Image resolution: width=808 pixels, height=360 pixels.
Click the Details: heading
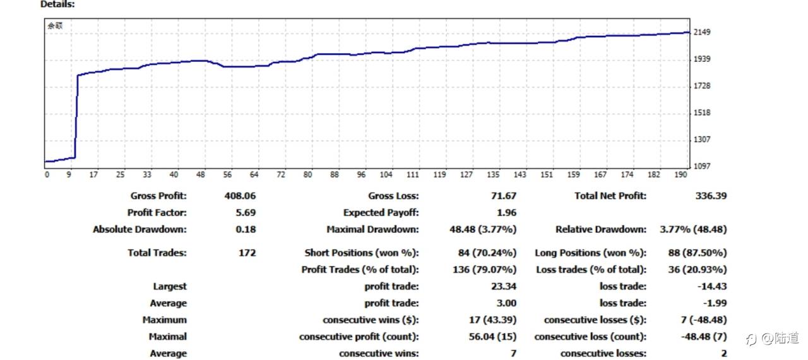coord(57,4)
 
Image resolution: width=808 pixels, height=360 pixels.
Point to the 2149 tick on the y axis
coord(702,32)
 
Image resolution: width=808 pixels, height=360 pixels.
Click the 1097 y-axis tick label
coord(702,166)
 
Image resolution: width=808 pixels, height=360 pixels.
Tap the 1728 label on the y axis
coord(702,86)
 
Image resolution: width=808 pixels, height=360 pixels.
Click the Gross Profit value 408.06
coord(240,196)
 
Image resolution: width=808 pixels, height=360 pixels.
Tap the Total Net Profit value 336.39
coord(711,196)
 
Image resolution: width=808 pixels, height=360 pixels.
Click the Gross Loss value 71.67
coord(503,196)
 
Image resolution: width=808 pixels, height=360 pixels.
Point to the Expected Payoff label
coord(381,213)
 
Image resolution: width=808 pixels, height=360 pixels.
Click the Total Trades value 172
coord(247,253)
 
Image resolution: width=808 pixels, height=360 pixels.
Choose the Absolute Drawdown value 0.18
coord(246,229)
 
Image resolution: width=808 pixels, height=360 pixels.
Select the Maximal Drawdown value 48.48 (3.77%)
coord(483,229)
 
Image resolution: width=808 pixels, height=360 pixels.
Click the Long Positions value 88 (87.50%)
coord(696,253)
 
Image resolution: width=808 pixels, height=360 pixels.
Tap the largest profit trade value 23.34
coord(503,286)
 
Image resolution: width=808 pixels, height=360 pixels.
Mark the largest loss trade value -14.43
coord(712,286)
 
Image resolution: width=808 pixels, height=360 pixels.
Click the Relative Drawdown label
coord(601,229)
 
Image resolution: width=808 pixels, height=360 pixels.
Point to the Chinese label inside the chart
coord(55,26)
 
